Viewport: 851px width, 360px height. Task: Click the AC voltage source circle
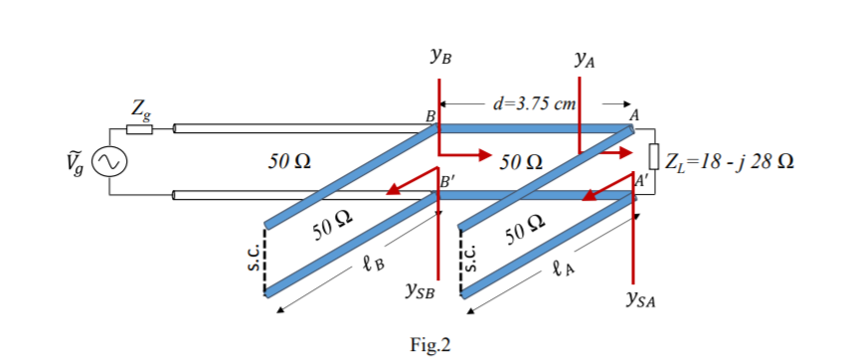tap(107, 160)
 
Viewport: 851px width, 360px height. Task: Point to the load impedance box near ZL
tap(654, 157)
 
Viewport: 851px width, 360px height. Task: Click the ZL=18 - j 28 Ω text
tap(734, 160)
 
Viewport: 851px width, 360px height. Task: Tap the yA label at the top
tap(585, 61)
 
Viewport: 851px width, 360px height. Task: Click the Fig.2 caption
tap(429, 344)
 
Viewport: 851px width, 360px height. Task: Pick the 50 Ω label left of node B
tap(289, 160)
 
